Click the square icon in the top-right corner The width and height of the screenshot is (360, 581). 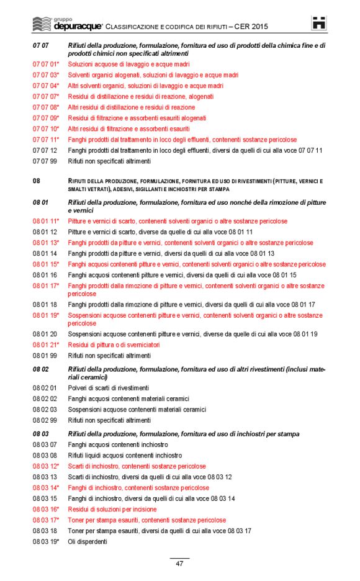tap(319, 24)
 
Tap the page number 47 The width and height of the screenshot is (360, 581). tap(179, 564)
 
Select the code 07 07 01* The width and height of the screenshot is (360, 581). tap(46, 63)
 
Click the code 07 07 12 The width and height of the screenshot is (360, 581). tap(45, 150)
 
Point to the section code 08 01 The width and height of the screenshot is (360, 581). tap(41, 202)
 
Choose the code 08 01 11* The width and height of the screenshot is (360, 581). tap(46, 221)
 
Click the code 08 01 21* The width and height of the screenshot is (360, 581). tap(46, 345)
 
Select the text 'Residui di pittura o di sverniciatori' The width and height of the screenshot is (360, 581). tap(114, 345)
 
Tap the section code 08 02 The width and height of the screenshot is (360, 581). tap(41, 369)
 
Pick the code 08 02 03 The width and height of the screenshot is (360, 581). tap(45, 410)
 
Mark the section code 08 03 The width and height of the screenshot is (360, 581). tap(41, 434)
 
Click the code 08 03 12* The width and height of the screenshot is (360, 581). tap(46, 466)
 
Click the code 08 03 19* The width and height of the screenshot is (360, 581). tap(46, 541)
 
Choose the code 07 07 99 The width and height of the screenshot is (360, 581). tap(45, 161)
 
